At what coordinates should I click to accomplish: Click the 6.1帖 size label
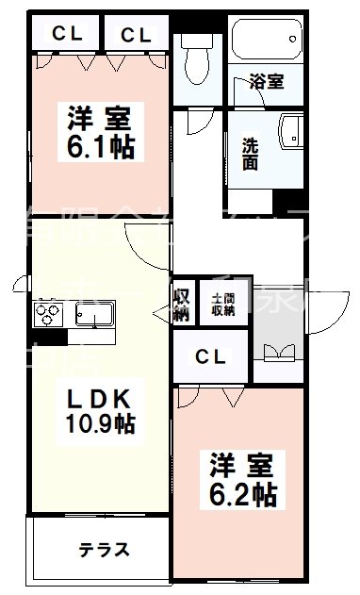98,147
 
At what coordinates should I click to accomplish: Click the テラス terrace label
104,550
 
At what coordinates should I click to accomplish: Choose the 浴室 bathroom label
267,81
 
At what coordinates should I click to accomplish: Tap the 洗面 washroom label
251,154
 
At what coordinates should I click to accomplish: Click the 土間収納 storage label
223,303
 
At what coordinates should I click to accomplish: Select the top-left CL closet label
66,35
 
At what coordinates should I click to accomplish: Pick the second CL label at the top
135,35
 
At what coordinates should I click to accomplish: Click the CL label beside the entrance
211,356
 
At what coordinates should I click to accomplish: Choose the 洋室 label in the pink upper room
98,121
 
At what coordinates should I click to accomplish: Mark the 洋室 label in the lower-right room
242,465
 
